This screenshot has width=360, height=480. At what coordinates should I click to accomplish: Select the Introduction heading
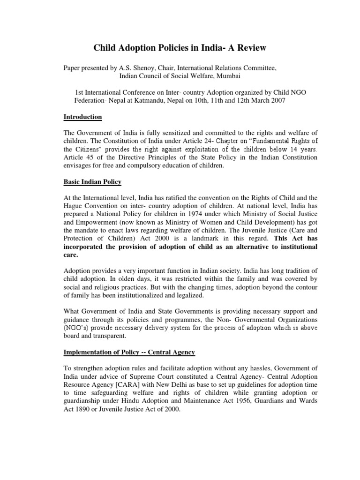pos(82,117)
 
